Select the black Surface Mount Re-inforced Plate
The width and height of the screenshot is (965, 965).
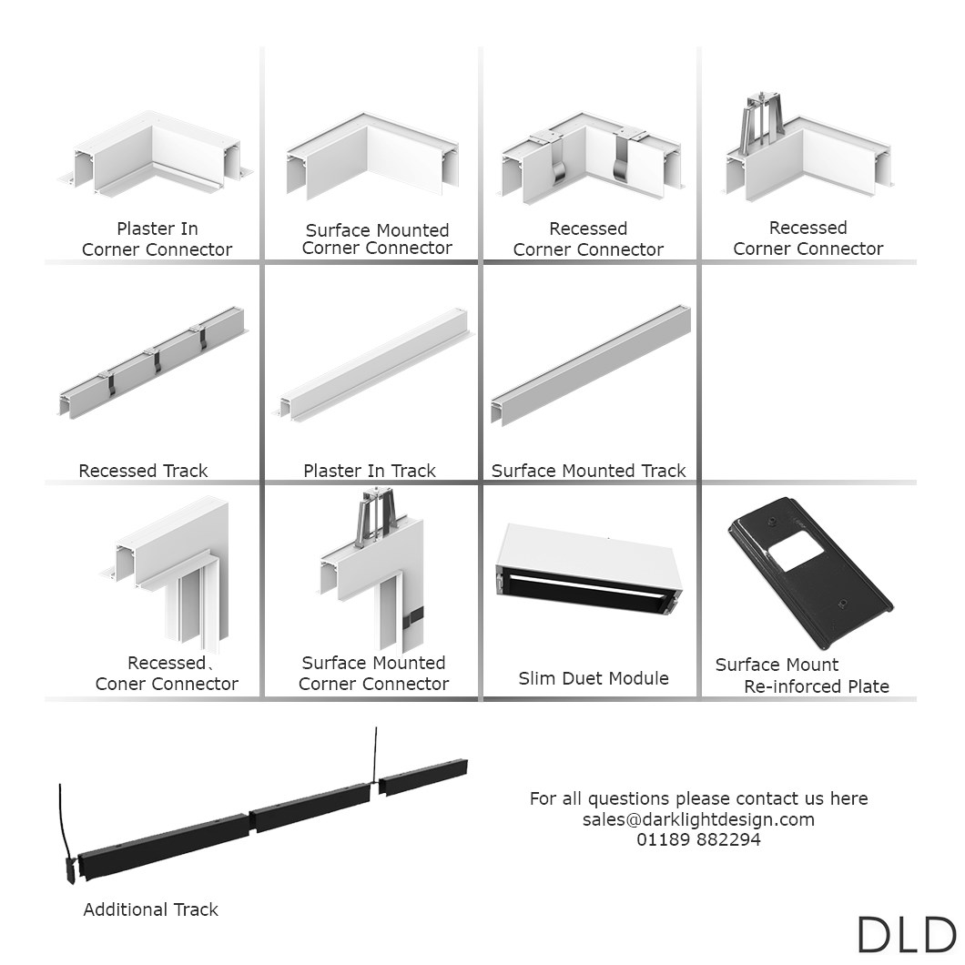tap(810, 573)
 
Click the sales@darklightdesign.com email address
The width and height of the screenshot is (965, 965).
tap(698, 819)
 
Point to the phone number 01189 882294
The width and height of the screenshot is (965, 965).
tap(698, 839)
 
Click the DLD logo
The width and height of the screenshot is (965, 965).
tap(907, 934)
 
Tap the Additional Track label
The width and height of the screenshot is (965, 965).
tap(151, 909)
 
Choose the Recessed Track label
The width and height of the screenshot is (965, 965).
tap(144, 470)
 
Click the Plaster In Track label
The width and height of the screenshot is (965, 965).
tap(370, 470)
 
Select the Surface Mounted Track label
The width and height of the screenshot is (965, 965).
tap(588, 470)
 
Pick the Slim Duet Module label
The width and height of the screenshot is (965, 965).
tap(594, 677)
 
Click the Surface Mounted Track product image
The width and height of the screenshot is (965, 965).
tap(591, 365)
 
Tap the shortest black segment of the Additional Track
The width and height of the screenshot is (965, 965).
tap(422, 776)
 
